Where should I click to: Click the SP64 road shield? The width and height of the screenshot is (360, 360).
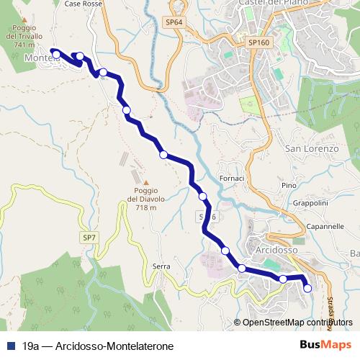(x=174, y=22)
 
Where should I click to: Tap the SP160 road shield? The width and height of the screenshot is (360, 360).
(x=259, y=43)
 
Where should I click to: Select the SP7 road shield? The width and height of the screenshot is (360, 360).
(x=89, y=236)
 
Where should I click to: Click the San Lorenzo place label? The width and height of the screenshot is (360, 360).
(x=312, y=149)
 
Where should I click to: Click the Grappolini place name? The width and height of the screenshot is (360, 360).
(x=311, y=203)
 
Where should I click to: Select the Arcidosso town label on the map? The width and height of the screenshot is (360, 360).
(x=276, y=249)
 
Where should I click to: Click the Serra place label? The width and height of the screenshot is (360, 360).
(x=161, y=266)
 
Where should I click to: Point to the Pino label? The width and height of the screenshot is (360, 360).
(x=289, y=186)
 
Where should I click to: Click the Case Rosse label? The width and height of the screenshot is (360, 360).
(x=84, y=4)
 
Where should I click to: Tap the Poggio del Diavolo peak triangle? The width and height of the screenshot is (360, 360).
(x=146, y=182)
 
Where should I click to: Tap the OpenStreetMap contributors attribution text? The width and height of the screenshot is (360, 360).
(x=298, y=323)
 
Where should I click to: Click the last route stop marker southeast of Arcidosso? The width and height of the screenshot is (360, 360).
(x=307, y=288)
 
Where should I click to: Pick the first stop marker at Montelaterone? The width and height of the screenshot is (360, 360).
(x=56, y=53)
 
